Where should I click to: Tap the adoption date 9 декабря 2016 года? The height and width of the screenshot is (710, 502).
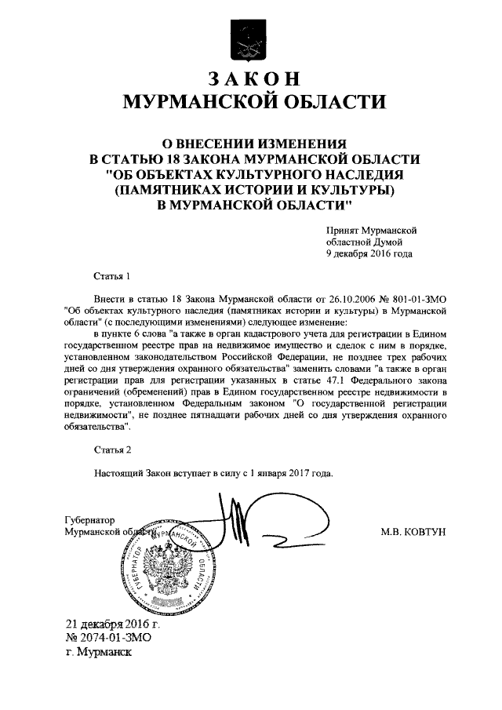point(369,253)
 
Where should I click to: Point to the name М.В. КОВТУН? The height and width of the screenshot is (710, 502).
point(413,531)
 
